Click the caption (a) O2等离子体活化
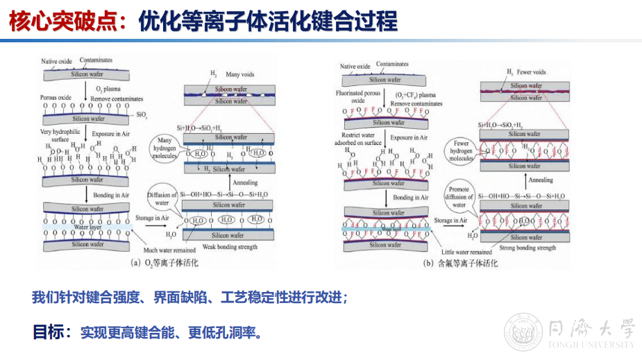(x=160, y=262)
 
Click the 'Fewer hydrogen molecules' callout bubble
(x=460, y=151)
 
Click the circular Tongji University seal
(x=523, y=332)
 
